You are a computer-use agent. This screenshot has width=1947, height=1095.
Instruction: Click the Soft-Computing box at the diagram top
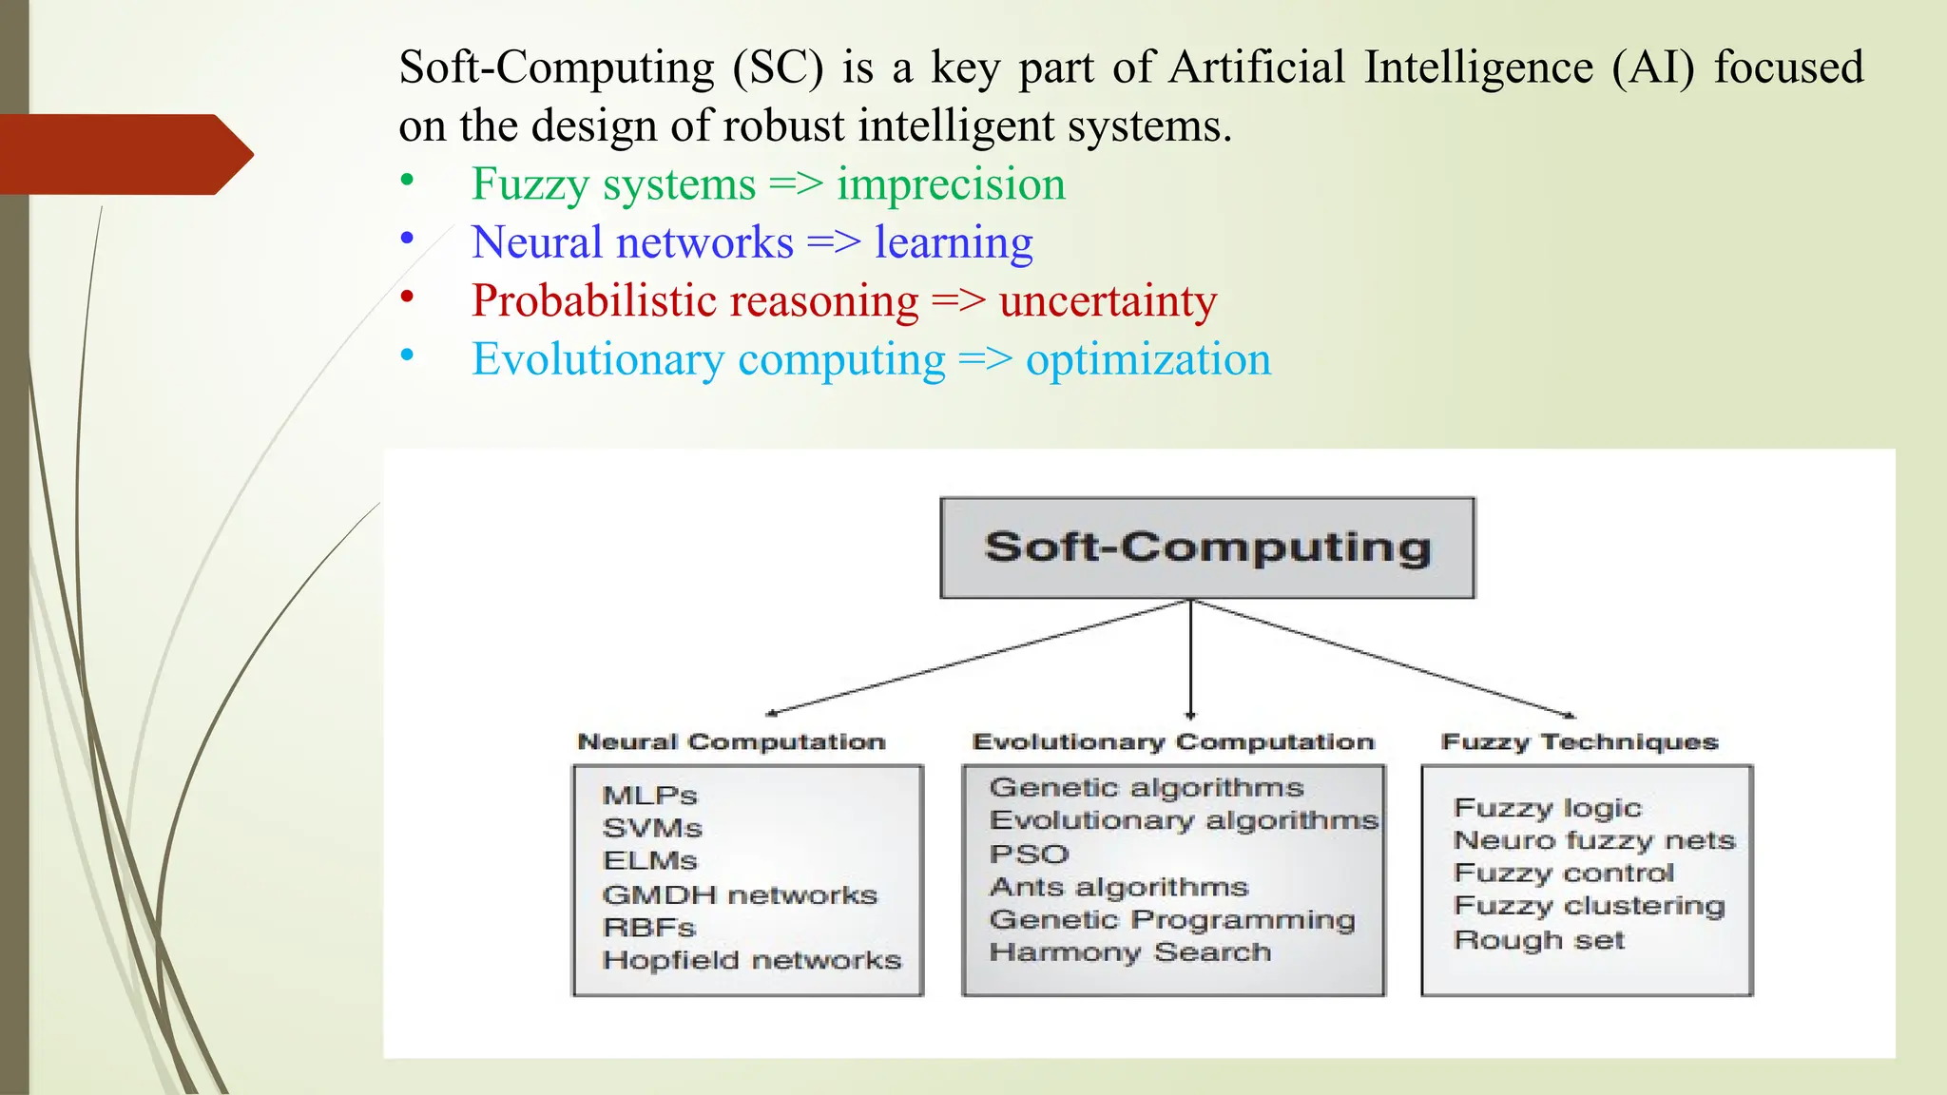[1206, 547]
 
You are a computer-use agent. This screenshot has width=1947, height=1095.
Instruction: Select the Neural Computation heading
[731, 742]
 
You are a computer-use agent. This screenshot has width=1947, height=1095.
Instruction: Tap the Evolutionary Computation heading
[1173, 742]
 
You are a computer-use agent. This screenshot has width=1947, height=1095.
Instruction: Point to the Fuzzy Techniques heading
[1579, 742]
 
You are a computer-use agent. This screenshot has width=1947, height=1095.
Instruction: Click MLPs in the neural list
[650, 796]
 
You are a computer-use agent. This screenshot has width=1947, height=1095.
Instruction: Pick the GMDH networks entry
[740, 895]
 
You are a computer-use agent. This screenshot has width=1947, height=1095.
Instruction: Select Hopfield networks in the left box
[751, 961]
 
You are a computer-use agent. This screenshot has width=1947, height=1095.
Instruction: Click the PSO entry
[1030, 855]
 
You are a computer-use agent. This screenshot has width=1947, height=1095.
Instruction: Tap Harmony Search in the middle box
[1129, 952]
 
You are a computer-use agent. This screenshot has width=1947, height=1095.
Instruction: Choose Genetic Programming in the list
[1171, 920]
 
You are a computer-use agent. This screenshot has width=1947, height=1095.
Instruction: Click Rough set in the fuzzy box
[1538, 940]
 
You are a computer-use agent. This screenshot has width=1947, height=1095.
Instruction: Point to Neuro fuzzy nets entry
[1594, 841]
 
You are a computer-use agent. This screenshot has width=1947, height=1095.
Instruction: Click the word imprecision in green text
[951, 184]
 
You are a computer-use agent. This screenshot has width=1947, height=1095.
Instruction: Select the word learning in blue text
[954, 243]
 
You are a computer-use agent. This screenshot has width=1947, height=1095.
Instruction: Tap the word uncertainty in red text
[1108, 301]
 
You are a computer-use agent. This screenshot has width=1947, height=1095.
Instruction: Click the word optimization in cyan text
[1147, 360]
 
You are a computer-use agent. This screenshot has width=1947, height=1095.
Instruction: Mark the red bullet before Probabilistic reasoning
[407, 298]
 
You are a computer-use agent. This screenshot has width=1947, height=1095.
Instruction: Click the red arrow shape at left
[124, 155]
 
